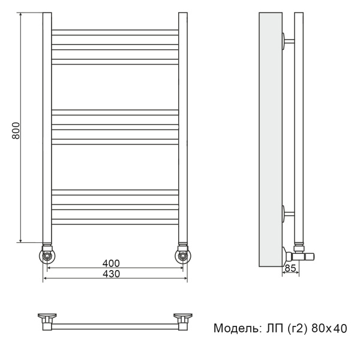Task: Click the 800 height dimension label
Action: click(16, 131)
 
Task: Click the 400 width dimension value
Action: click(111, 263)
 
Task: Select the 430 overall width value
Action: click(111, 274)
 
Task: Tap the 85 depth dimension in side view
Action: click(291, 268)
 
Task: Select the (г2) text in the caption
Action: click(296, 328)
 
